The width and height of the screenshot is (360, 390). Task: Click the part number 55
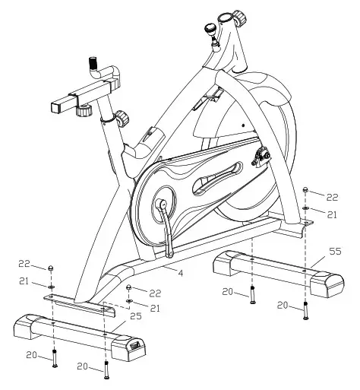tap(335, 252)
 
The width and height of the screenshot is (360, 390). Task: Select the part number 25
tap(136, 316)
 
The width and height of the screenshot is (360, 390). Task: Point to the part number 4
tap(180, 273)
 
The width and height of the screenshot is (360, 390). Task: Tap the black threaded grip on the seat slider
tap(93, 63)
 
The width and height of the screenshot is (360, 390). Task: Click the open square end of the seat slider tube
tap(56, 107)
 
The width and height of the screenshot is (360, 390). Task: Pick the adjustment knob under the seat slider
tap(84, 111)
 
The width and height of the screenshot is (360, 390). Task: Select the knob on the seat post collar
tap(123, 118)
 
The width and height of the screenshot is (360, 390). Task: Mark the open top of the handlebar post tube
tap(225, 17)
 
